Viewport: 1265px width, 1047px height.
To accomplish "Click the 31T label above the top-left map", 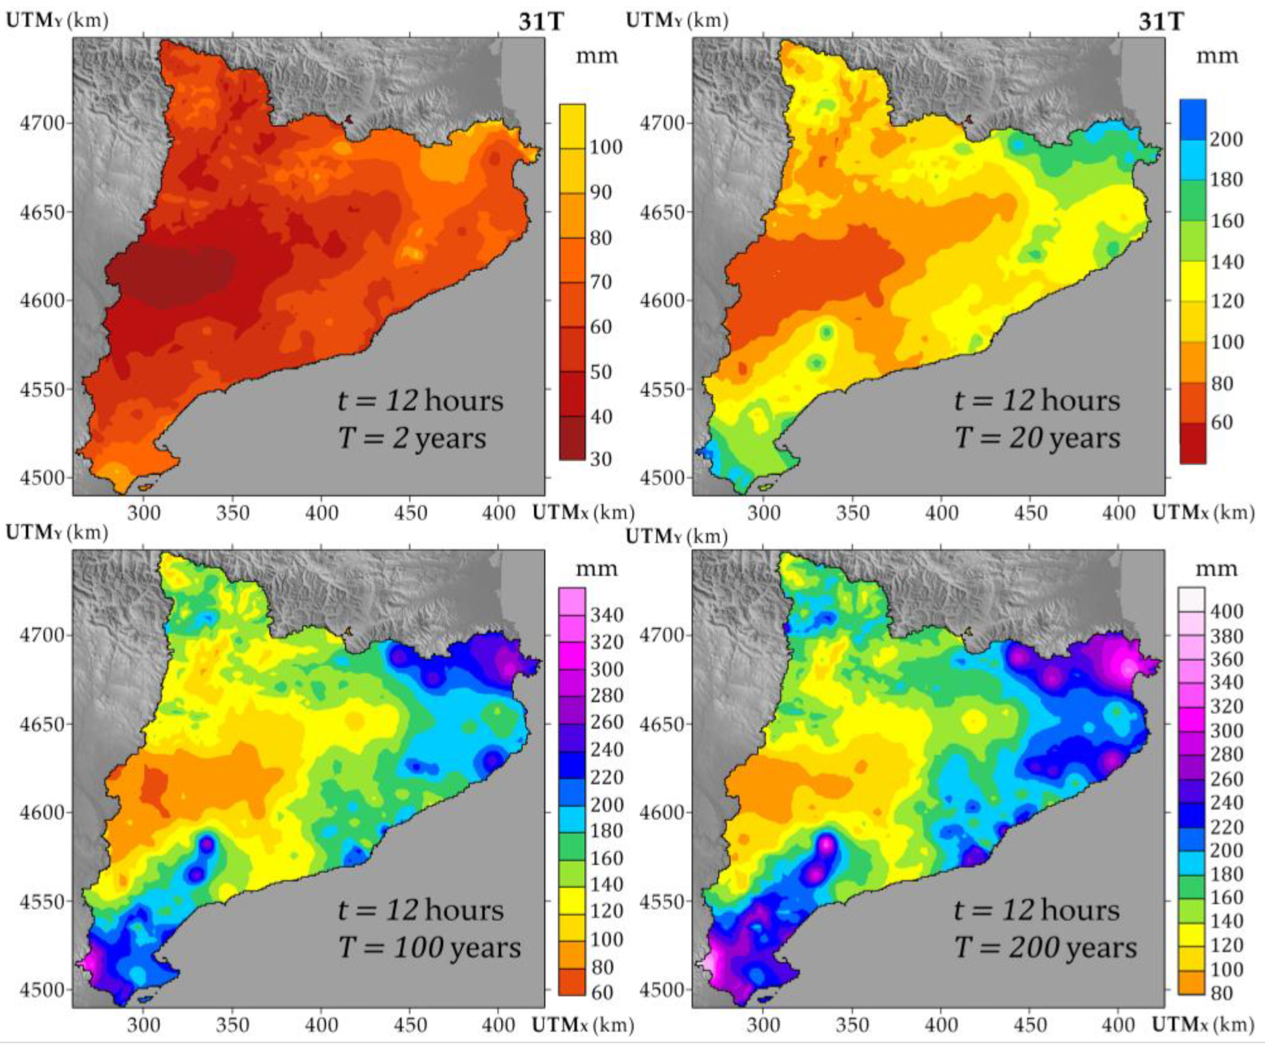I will click(x=541, y=22).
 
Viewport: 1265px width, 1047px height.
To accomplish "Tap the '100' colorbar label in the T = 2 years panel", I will click(x=606, y=147).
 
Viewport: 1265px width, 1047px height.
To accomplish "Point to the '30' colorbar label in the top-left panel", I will click(x=601, y=459).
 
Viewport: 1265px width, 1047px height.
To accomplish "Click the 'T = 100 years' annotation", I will click(x=429, y=947).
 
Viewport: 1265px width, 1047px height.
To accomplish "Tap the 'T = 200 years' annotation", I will click(x=1046, y=947).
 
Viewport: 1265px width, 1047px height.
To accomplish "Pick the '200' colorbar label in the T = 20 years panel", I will click(x=1227, y=139).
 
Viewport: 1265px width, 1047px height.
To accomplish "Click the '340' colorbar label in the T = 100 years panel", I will click(x=606, y=615).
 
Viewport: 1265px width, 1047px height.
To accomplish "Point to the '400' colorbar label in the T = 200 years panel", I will click(x=1227, y=612).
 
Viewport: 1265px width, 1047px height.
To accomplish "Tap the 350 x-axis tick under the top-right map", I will click(x=853, y=514).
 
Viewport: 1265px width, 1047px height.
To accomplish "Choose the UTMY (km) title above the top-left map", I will click(x=57, y=20).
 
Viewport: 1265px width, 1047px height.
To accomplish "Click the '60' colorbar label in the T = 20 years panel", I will click(x=1222, y=422).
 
